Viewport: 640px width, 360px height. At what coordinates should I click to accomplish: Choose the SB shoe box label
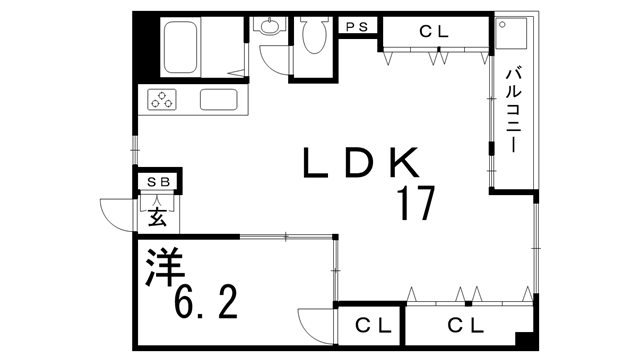158,181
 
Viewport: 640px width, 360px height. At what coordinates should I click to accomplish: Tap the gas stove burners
163,98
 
